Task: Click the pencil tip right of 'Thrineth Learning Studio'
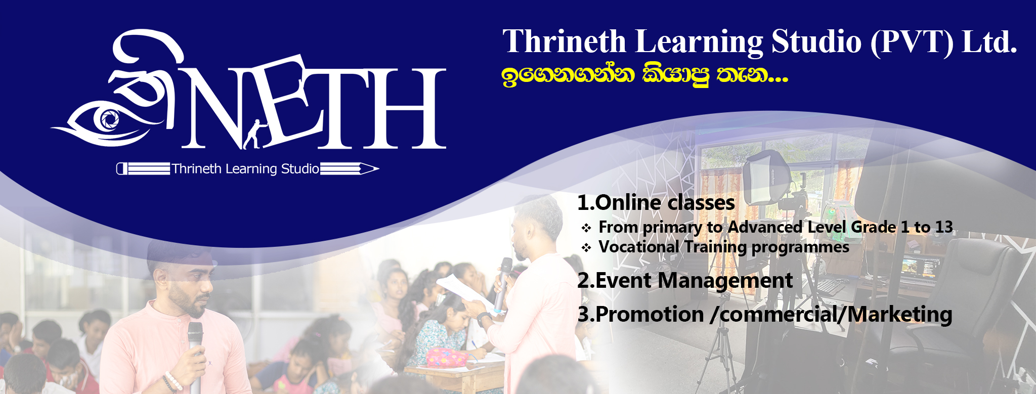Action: pyautogui.click(x=370, y=169)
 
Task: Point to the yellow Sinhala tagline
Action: pyautogui.click(x=645, y=76)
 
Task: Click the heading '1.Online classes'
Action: pyautogui.click(x=656, y=203)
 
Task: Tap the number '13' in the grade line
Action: pyautogui.click(x=943, y=227)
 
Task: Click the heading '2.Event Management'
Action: pyautogui.click(x=685, y=281)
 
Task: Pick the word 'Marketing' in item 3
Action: pyautogui.click(x=900, y=315)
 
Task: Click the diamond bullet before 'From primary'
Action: pyautogui.click(x=586, y=228)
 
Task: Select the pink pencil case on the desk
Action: pyautogui.click(x=447, y=357)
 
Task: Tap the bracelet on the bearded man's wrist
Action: pyautogui.click(x=172, y=381)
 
